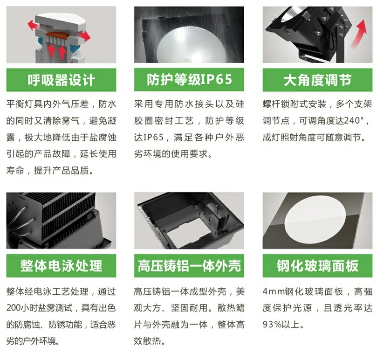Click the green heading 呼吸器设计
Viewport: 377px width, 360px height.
[x=62, y=80]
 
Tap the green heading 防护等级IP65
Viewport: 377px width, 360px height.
[x=190, y=79]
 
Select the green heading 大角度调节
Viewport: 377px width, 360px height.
[x=317, y=80]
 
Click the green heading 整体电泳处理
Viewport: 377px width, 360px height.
[x=62, y=266]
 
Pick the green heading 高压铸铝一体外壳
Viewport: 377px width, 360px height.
[x=189, y=266]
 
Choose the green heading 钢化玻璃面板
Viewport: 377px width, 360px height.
[x=317, y=266]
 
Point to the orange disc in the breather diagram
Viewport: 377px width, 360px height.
[x=57, y=35]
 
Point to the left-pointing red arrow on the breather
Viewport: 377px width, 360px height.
[x=33, y=25]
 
